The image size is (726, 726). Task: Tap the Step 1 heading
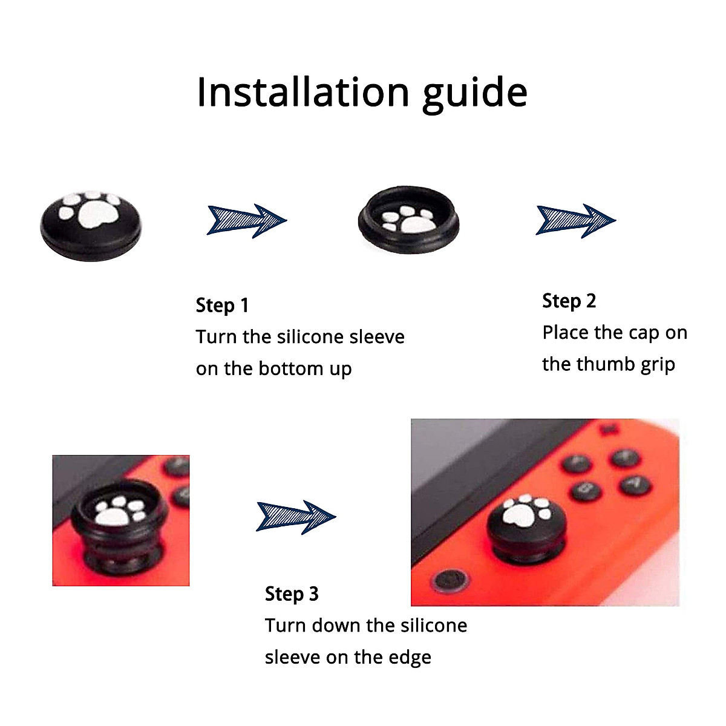tap(222, 305)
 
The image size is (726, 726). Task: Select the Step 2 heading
tap(569, 301)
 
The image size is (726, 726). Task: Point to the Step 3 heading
tap(292, 594)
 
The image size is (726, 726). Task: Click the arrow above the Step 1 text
tap(246, 220)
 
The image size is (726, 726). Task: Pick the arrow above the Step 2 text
tap(575, 220)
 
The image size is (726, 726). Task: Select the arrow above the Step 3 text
tap(296, 517)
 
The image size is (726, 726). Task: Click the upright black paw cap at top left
tap(91, 225)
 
